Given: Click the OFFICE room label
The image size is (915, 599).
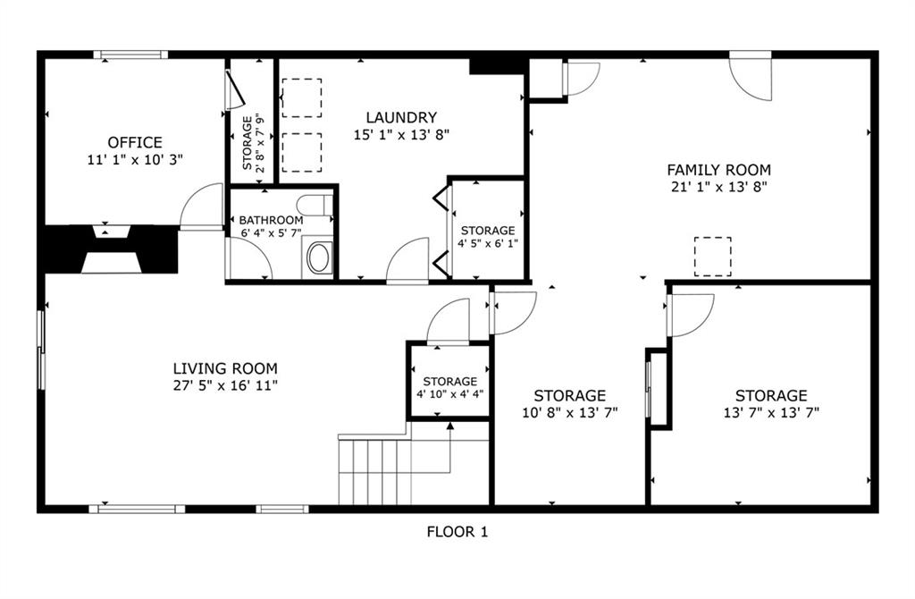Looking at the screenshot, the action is tap(135, 142).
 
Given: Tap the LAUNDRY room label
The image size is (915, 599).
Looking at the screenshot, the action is tap(401, 118).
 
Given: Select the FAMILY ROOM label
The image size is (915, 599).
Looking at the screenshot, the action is tap(719, 170).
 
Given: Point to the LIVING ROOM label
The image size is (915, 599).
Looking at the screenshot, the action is tap(225, 368).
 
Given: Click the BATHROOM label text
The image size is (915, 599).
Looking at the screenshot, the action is tap(271, 220).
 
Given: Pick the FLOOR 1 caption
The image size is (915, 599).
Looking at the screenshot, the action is tap(457, 532).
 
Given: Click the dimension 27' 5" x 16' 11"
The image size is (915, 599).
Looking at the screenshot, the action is tap(225, 385).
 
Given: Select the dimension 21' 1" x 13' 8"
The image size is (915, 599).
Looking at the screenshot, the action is tap(719, 187).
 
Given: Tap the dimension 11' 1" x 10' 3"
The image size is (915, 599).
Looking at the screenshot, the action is tap(135, 159).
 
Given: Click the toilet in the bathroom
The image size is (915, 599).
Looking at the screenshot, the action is tap(315, 206).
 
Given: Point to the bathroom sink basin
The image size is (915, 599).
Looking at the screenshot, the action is tap(319, 258).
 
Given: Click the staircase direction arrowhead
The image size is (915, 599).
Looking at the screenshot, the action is tap(450, 426).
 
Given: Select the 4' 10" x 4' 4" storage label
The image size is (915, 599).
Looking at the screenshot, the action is tap(450, 388).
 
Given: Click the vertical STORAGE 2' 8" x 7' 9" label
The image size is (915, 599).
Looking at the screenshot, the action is tap(253, 143).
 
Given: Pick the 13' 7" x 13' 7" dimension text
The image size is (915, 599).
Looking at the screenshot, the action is tap(771, 413).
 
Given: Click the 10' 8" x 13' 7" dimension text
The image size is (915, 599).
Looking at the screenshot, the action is tap(569, 413).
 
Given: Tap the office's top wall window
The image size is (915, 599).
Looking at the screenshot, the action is tap(130, 55).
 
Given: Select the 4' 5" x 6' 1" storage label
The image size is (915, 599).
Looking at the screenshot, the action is tap(488, 236).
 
